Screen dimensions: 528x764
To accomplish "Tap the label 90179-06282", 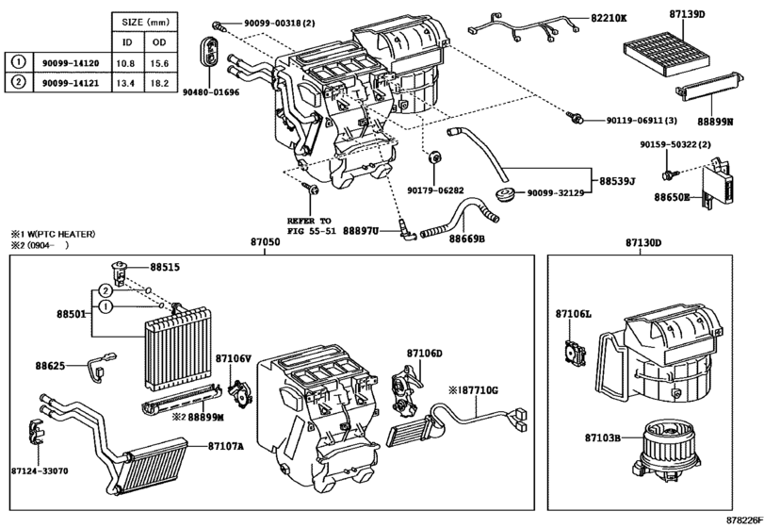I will pyautogui.click(x=435, y=190).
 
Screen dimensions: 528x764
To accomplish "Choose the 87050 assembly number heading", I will pyautogui.click(x=265, y=243).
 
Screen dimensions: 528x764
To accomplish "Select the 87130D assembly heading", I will pyautogui.click(x=642, y=243).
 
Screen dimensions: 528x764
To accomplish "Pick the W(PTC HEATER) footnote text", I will pyautogui.click(x=58, y=233).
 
